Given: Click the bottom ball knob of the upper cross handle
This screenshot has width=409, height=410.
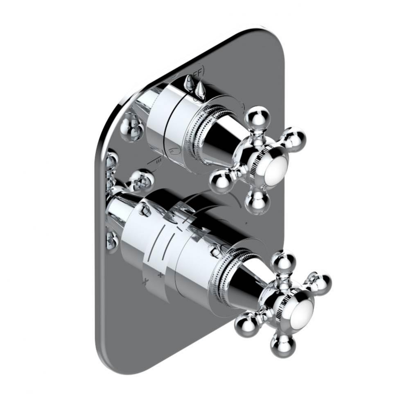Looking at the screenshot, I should coord(257,202).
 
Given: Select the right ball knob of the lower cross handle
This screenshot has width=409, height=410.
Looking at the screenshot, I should coord(320,283).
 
